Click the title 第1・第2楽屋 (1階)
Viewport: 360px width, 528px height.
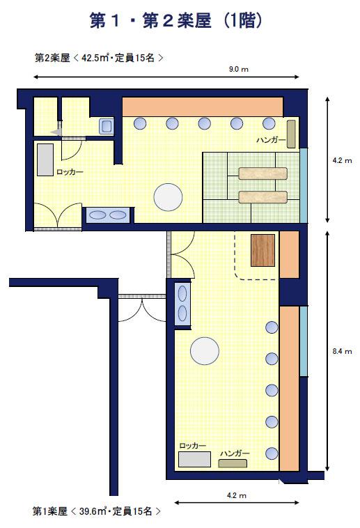click(x=175, y=20)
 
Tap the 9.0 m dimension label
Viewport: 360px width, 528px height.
click(x=238, y=70)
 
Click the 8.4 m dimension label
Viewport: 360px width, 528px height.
click(x=342, y=351)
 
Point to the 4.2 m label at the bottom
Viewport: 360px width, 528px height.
click(x=237, y=495)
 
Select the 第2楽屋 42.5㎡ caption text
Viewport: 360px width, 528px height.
click(x=99, y=58)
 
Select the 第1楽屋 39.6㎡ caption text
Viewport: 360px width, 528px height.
click(x=97, y=511)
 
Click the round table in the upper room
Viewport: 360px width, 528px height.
click(x=168, y=197)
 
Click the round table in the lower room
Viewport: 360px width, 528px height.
click(x=205, y=350)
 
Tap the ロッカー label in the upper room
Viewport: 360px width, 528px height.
click(x=70, y=172)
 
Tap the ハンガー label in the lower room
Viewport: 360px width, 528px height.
click(x=235, y=453)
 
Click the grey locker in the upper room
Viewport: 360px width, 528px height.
click(x=45, y=160)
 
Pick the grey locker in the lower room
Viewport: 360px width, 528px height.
click(x=194, y=459)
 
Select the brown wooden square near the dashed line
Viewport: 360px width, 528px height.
click(x=263, y=250)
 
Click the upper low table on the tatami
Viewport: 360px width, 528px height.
click(x=263, y=173)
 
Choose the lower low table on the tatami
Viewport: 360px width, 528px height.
click(x=263, y=197)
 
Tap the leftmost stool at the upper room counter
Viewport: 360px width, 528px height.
click(x=140, y=123)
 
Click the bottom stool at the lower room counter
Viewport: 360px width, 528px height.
click(x=272, y=453)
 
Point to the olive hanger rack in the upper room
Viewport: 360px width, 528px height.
click(x=291, y=134)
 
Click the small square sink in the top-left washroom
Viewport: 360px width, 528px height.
click(x=106, y=126)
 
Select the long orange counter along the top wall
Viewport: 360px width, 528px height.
click(x=203, y=107)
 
